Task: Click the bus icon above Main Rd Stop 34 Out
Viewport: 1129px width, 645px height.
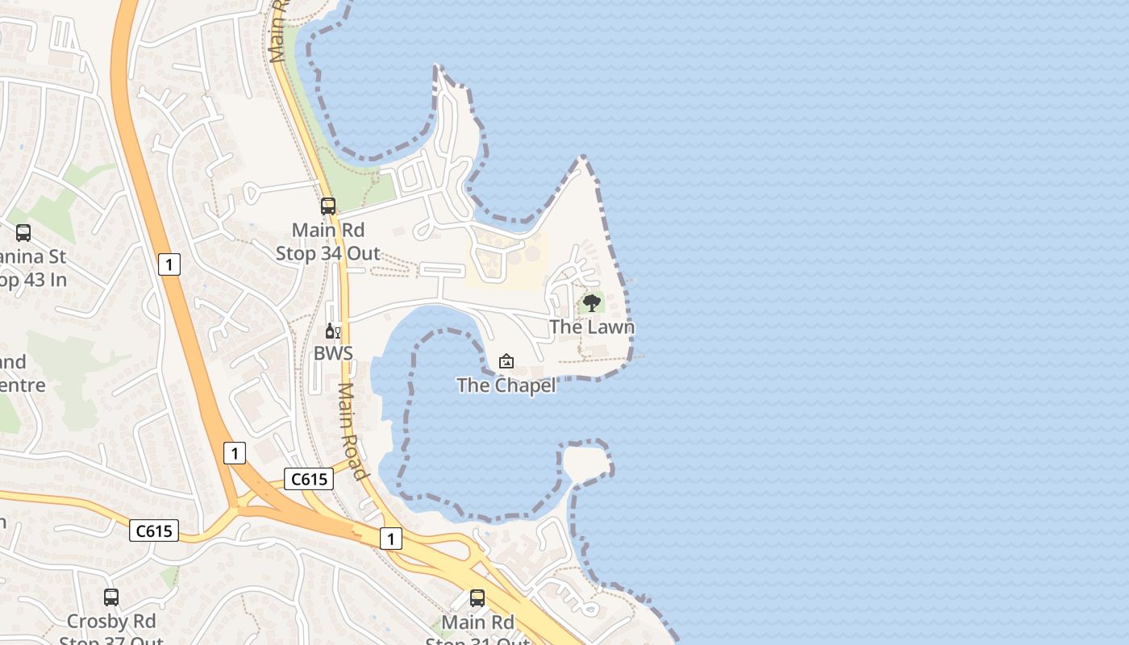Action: click(327, 206)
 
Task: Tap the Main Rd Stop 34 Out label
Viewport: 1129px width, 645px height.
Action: click(327, 242)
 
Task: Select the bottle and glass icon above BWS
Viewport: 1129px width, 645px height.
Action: click(332, 331)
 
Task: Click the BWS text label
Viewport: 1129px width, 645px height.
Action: click(333, 353)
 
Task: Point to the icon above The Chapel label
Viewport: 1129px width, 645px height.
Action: click(506, 361)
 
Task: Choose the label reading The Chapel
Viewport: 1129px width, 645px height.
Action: click(506, 385)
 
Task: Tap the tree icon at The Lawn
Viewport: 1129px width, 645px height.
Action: click(592, 303)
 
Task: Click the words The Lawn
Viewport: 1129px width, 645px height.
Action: click(592, 327)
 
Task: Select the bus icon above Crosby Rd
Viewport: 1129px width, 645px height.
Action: click(111, 597)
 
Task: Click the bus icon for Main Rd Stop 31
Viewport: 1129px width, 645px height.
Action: click(477, 598)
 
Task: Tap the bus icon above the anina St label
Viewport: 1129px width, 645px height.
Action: click(23, 233)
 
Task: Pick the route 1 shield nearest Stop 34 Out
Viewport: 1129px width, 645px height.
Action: click(169, 264)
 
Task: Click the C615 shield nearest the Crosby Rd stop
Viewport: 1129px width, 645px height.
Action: click(154, 531)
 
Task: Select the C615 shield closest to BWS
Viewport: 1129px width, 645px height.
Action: click(308, 479)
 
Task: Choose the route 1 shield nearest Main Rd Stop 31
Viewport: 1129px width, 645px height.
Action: click(390, 538)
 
